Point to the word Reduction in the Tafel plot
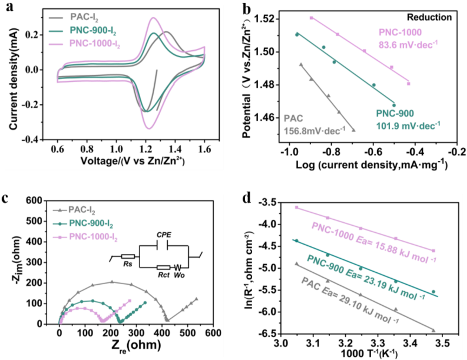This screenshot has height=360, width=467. click(430, 17)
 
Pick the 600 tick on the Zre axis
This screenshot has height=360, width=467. click(213, 333)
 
